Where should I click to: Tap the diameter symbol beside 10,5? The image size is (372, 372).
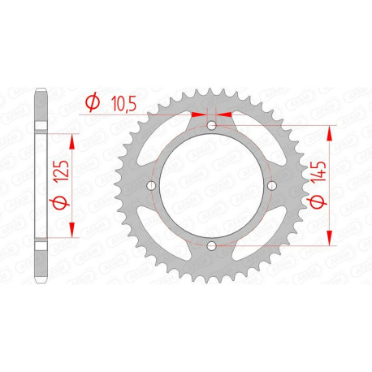[93, 103]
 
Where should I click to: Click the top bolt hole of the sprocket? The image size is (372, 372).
[211, 127]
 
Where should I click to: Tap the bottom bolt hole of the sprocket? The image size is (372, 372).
[211, 247]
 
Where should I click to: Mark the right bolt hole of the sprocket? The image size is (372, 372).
[271, 187]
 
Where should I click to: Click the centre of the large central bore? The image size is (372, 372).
[211, 187]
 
